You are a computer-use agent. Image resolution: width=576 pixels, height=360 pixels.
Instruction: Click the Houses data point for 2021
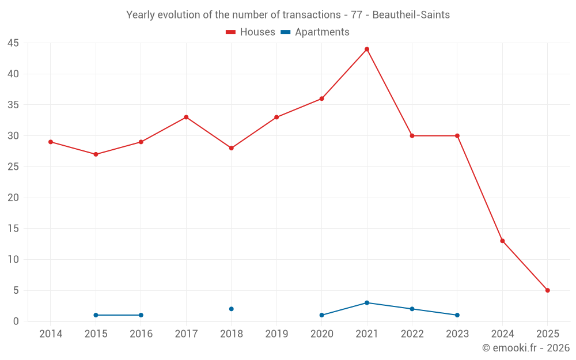[x=367, y=49]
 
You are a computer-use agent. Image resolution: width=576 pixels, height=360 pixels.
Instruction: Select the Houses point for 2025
[x=548, y=290]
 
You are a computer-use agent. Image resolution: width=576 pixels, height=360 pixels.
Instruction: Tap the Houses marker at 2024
[x=502, y=241]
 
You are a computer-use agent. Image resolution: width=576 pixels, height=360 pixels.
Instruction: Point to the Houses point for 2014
[x=51, y=142]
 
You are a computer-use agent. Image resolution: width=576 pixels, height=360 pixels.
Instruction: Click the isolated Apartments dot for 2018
[x=232, y=309]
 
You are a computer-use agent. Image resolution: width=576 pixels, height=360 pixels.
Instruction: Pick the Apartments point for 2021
[x=367, y=302]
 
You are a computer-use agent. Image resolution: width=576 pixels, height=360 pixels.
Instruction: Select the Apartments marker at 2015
[x=96, y=315]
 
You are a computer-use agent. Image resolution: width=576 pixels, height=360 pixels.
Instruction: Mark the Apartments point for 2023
[x=457, y=315]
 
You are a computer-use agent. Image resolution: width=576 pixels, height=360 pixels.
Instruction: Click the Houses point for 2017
[x=186, y=117]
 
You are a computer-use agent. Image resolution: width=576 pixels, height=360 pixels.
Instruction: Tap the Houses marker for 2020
[x=321, y=98]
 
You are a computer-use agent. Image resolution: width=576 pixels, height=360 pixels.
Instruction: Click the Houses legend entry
[x=251, y=32]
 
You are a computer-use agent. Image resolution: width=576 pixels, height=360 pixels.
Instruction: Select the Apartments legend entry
[x=315, y=32]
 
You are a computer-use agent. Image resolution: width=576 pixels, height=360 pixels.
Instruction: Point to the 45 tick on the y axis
[x=13, y=43]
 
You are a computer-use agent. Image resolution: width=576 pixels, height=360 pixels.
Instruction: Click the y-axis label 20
[x=13, y=198]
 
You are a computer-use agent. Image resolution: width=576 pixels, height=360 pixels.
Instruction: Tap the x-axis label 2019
[x=276, y=334]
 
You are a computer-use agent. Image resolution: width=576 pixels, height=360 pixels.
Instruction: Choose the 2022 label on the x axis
[x=412, y=334]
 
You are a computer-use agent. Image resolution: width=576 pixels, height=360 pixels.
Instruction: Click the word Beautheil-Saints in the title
[x=411, y=14]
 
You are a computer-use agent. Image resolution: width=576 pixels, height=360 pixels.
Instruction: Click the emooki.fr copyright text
[x=526, y=348]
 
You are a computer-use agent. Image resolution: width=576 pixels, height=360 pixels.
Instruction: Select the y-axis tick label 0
[x=16, y=321]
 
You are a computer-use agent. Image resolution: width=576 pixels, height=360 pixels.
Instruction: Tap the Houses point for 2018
[x=232, y=148]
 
